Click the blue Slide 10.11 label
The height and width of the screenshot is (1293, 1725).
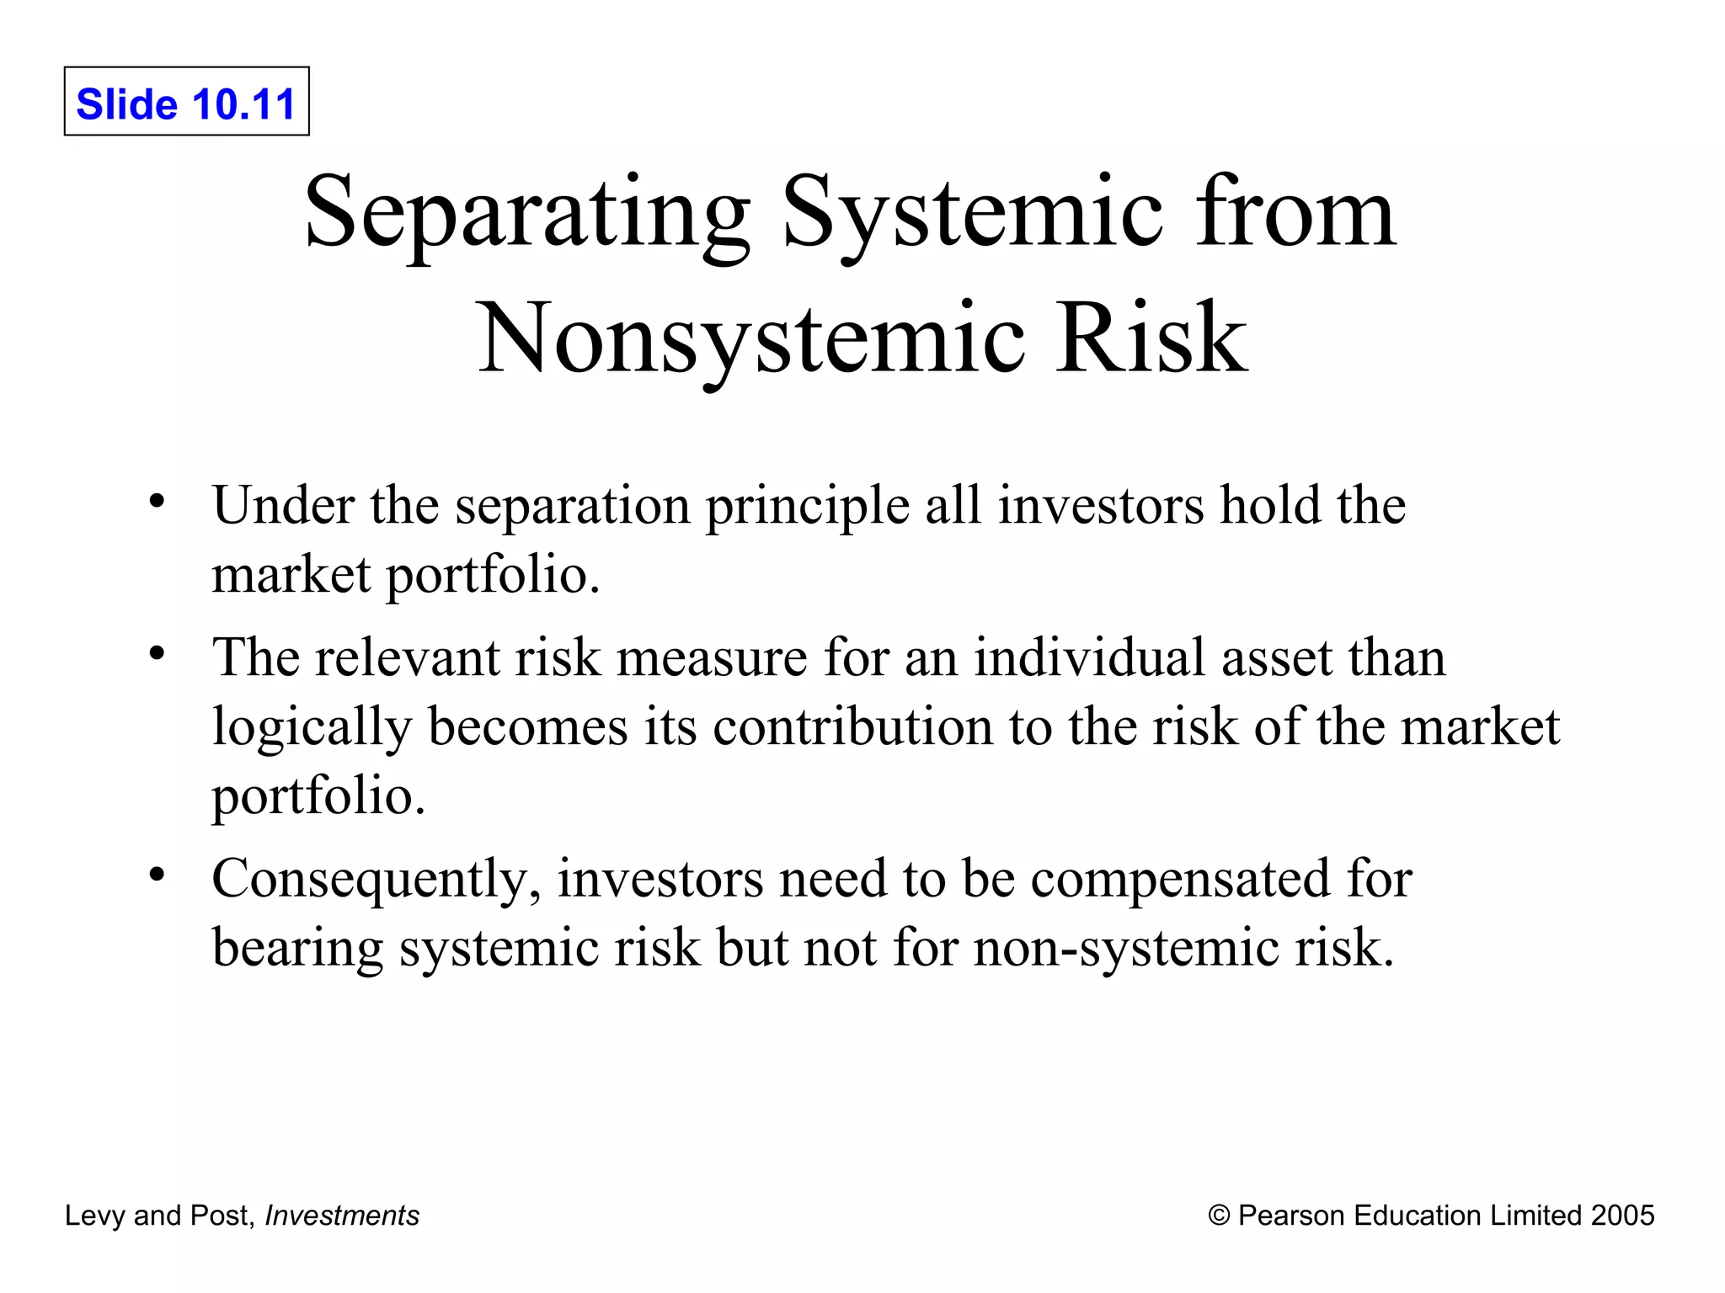click(x=186, y=104)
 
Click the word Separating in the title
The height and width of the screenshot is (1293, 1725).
click(x=527, y=212)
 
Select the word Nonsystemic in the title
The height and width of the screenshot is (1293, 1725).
click(x=750, y=338)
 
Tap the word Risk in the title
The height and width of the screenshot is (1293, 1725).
click(x=1152, y=338)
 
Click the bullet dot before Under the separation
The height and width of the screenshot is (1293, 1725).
click(x=156, y=502)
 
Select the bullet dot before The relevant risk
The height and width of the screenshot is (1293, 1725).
click(x=156, y=653)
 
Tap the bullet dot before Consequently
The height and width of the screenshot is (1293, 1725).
click(x=156, y=875)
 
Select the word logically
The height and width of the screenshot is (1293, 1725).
click(x=311, y=727)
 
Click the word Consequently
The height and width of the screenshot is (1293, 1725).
click(x=377, y=880)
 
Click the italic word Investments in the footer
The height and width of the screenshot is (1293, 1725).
click(x=342, y=1216)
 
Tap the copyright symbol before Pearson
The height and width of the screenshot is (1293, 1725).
click(x=1218, y=1216)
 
